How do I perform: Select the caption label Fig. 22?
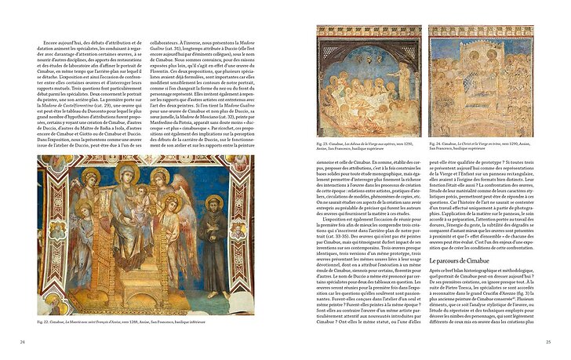[45, 321]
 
